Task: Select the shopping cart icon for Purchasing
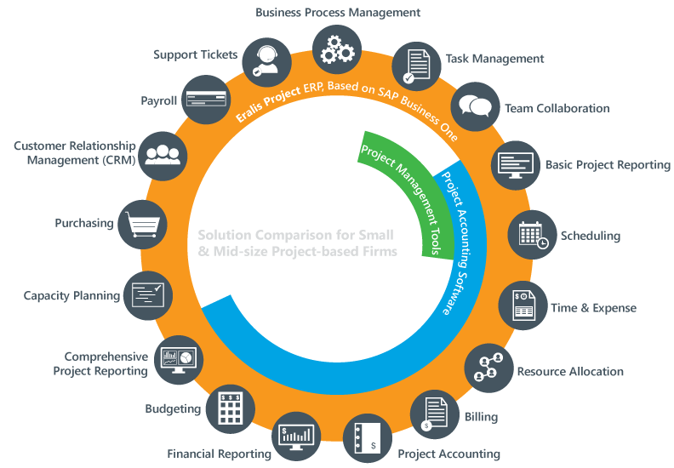(x=140, y=224)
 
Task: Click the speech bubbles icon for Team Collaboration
(x=474, y=106)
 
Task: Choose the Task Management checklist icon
(x=415, y=66)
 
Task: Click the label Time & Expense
(x=593, y=308)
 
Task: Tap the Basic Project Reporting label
(x=608, y=165)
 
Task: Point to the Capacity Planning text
(x=71, y=296)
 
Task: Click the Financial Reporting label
(x=219, y=454)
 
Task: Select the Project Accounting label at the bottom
(x=448, y=454)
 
